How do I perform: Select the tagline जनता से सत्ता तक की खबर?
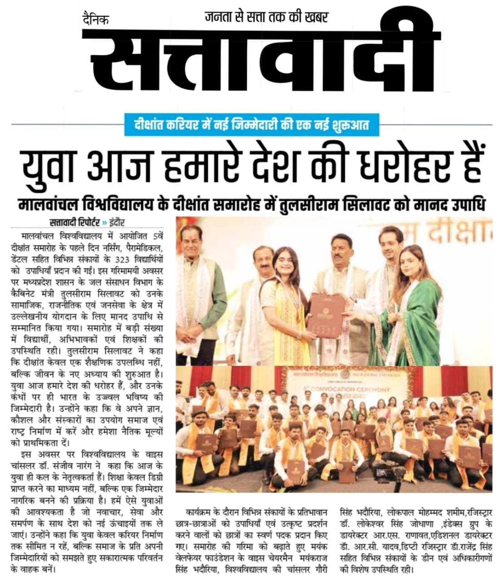click(266, 17)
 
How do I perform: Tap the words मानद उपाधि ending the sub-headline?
click(456, 205)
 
